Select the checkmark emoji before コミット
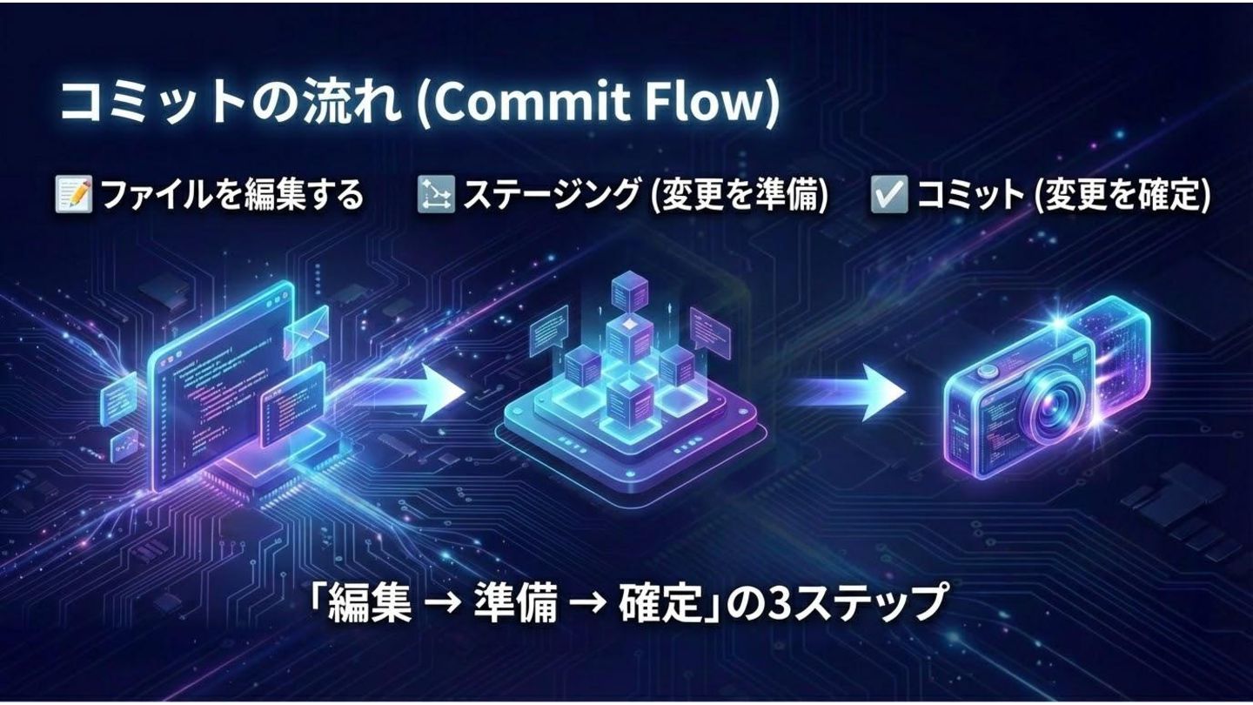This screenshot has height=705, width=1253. click(x=889, y=195)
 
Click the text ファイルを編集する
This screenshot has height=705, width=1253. click(x=231, y=195)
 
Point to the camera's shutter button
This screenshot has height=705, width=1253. click(x=987, y=371)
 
